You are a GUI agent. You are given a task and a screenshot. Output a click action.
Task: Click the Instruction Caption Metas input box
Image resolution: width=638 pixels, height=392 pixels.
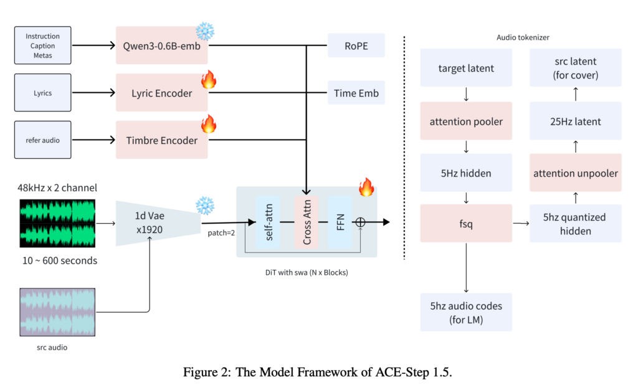pos(42,45)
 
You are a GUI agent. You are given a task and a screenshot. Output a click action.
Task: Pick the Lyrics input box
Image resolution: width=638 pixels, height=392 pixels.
pos(42,93)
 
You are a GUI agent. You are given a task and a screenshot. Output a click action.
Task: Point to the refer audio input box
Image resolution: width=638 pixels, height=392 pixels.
pos(42,140)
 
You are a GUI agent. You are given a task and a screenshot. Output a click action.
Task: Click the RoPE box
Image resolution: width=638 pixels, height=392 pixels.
pos(356,45)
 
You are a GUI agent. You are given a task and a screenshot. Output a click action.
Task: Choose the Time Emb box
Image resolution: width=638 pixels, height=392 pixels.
pos(356,93)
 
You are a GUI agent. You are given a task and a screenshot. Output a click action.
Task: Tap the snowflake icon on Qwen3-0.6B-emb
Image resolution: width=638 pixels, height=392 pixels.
pos(204,31)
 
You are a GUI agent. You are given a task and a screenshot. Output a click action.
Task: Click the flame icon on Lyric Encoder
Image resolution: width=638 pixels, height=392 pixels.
pos(207,79)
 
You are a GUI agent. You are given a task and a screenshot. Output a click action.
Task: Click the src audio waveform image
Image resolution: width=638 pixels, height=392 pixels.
pos(57,311)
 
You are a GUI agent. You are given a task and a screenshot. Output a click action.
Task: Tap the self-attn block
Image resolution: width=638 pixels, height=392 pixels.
pos(268,221)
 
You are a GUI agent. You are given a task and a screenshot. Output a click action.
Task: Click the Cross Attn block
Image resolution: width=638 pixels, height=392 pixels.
pos(305,221)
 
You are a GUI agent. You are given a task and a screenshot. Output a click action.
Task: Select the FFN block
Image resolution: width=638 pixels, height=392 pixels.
pos(340,221)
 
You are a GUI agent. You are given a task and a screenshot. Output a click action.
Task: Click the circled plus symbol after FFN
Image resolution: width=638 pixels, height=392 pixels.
pos(360,222)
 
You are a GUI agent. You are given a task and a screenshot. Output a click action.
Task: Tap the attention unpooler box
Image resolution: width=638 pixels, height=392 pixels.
pos(575,173)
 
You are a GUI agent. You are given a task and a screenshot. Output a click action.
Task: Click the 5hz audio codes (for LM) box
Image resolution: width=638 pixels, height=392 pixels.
pos(466,312)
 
